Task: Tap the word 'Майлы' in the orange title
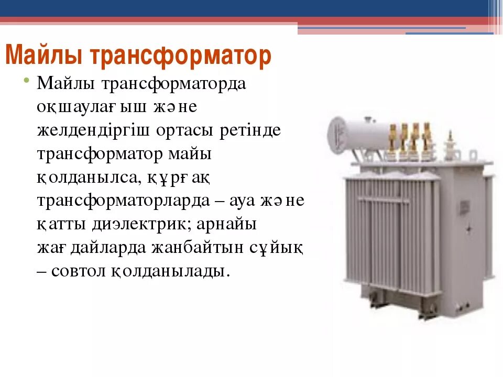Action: (x=45, y=56)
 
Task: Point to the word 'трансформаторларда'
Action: (x=128, y=201)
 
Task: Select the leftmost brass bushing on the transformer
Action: (x=392, y=139)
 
